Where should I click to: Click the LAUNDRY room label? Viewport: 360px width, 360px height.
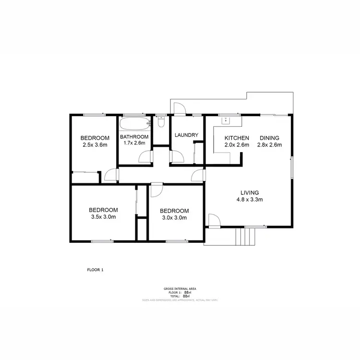(186, 135)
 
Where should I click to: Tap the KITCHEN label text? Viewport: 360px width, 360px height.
(237, 138)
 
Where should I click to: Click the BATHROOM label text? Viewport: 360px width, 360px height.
(135, 136)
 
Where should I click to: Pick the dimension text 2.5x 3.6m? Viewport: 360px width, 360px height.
(95, 144)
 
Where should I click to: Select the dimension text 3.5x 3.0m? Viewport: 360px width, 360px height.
(103, 216)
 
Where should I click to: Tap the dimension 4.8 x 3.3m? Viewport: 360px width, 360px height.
(249, 200)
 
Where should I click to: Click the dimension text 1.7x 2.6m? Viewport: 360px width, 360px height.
(135, 143)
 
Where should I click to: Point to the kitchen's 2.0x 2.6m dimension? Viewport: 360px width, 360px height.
(237, 144)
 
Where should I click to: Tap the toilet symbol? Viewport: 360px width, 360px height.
(161, 123)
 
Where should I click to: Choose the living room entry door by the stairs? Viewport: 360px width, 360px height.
(214, 220)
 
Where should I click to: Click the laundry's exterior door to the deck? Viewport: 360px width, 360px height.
(180, 109)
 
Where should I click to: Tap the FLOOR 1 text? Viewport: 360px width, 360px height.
(95, 270)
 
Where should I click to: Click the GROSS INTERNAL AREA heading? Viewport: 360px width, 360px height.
(180, 288)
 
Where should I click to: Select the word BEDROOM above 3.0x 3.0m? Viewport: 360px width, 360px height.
(174, 211)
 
